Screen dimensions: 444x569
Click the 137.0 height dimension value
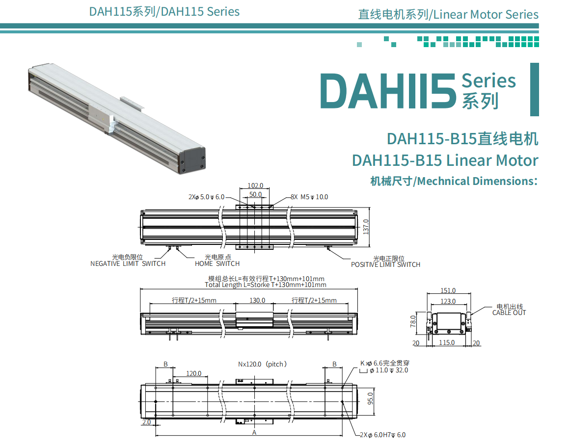(x=365, y=227)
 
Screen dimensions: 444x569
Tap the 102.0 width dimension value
(x=255, y=186)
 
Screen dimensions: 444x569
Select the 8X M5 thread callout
(x=309, y=197)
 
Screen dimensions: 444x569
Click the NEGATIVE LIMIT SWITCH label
(x=128, y=263)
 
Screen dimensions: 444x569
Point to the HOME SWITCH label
(x=217, y=263)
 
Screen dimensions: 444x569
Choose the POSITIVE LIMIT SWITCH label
(x=385, y=264)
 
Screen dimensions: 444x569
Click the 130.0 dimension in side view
(x=257, y=300)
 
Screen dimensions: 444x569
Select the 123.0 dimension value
(x=447, y=301)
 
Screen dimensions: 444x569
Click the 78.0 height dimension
(x=413, y=321)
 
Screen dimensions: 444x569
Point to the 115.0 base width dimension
(x=446, y=343)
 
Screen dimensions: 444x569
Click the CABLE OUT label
(x=509, y=313)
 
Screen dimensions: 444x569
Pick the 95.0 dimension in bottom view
(x=371, y=398)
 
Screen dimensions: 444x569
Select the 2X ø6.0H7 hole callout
(x=382, y=435)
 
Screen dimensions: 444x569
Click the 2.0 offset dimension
(x=146, y=422)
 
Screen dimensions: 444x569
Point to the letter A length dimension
(x=254, y=433)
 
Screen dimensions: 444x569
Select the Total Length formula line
(x=265, y=285)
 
